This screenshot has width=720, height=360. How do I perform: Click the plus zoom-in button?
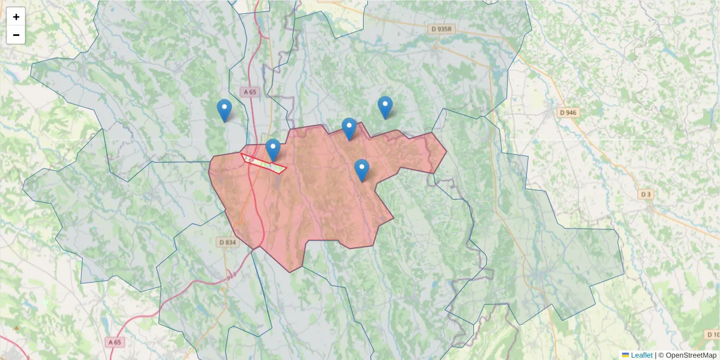pyautogui.click(x=16, y=17)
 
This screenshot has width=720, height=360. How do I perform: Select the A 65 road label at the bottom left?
pyautogui.click(x=115, y=342)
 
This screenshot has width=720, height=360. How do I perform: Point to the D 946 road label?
pyautogui.click(x=568, y=112)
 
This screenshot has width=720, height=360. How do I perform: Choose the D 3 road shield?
pyautogui.click(x=646, y=194)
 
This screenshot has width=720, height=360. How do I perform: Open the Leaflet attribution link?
pyautogui.click(x=641, y=355)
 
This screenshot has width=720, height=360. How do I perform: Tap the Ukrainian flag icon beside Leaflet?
pyautogui.click(x=625, y=355)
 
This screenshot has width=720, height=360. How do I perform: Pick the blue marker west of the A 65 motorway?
pyautogui.click(x=224, y=110)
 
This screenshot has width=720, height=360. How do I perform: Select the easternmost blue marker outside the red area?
pyautogui.click(x=385, y=107)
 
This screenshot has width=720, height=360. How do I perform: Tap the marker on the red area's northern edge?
pyautogui.click(x=349, y=129)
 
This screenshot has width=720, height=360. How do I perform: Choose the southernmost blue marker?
pyautogui.click(x=361, y=170)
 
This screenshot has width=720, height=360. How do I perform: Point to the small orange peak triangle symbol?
pyautogui.click(x=16, y=328)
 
